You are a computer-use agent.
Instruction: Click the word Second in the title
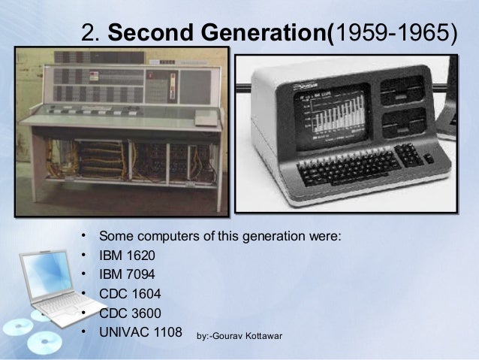tap(147, 32)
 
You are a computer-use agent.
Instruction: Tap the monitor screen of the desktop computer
tap(329, 116)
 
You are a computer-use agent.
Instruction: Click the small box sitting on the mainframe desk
tap(204, 118)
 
